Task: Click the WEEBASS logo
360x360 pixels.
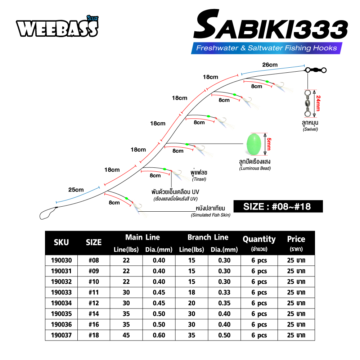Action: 57,27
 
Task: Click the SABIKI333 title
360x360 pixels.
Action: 270,25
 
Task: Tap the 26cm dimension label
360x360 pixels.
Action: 270,65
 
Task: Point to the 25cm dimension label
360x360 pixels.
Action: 76,190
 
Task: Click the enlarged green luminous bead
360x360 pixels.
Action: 253,144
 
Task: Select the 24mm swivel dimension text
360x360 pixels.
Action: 318,103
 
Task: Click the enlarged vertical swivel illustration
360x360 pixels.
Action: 307,103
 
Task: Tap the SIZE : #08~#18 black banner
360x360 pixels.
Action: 278,206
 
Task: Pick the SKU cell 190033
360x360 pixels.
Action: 61,292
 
